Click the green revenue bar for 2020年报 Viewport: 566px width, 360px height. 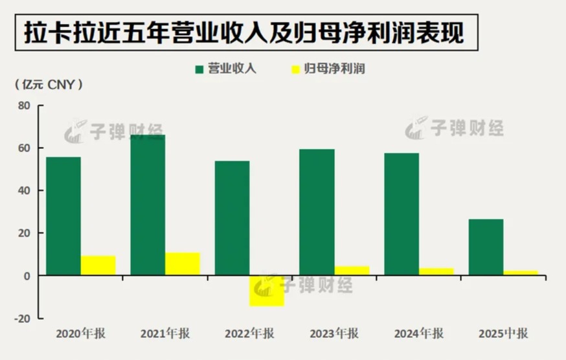click(x=63, y=216)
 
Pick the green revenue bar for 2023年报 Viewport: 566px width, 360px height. click(x=317, y=212)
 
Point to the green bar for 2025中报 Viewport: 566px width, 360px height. click(x=486, y=247)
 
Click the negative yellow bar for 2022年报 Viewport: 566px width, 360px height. click(x=267, y=291)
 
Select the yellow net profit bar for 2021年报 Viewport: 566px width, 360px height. click(x=183, y=264)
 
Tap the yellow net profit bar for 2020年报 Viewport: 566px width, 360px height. click(x=98, y=265)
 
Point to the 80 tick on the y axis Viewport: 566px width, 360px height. click(x=25, y=106)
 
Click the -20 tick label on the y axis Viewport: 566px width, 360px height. click(x=23, y=319)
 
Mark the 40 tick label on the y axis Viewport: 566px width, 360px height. click(x=25, y=190)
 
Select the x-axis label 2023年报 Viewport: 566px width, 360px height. click(x=334, y=334)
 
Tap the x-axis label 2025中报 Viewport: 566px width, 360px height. click(x=503, y=334)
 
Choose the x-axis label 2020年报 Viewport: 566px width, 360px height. click(x=81, y=334)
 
